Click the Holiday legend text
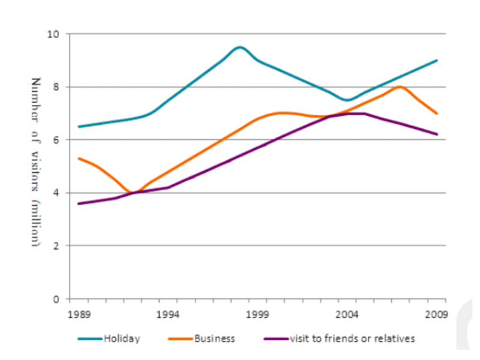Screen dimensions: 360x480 (121, 339)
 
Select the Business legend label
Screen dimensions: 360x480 (214, 339)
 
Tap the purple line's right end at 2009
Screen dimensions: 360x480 (437, 134)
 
